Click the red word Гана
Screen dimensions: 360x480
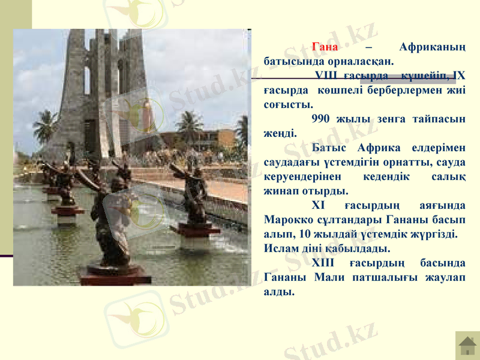325,47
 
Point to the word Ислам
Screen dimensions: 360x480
281,248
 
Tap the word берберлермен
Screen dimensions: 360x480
397,90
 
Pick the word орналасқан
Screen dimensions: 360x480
361,61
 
